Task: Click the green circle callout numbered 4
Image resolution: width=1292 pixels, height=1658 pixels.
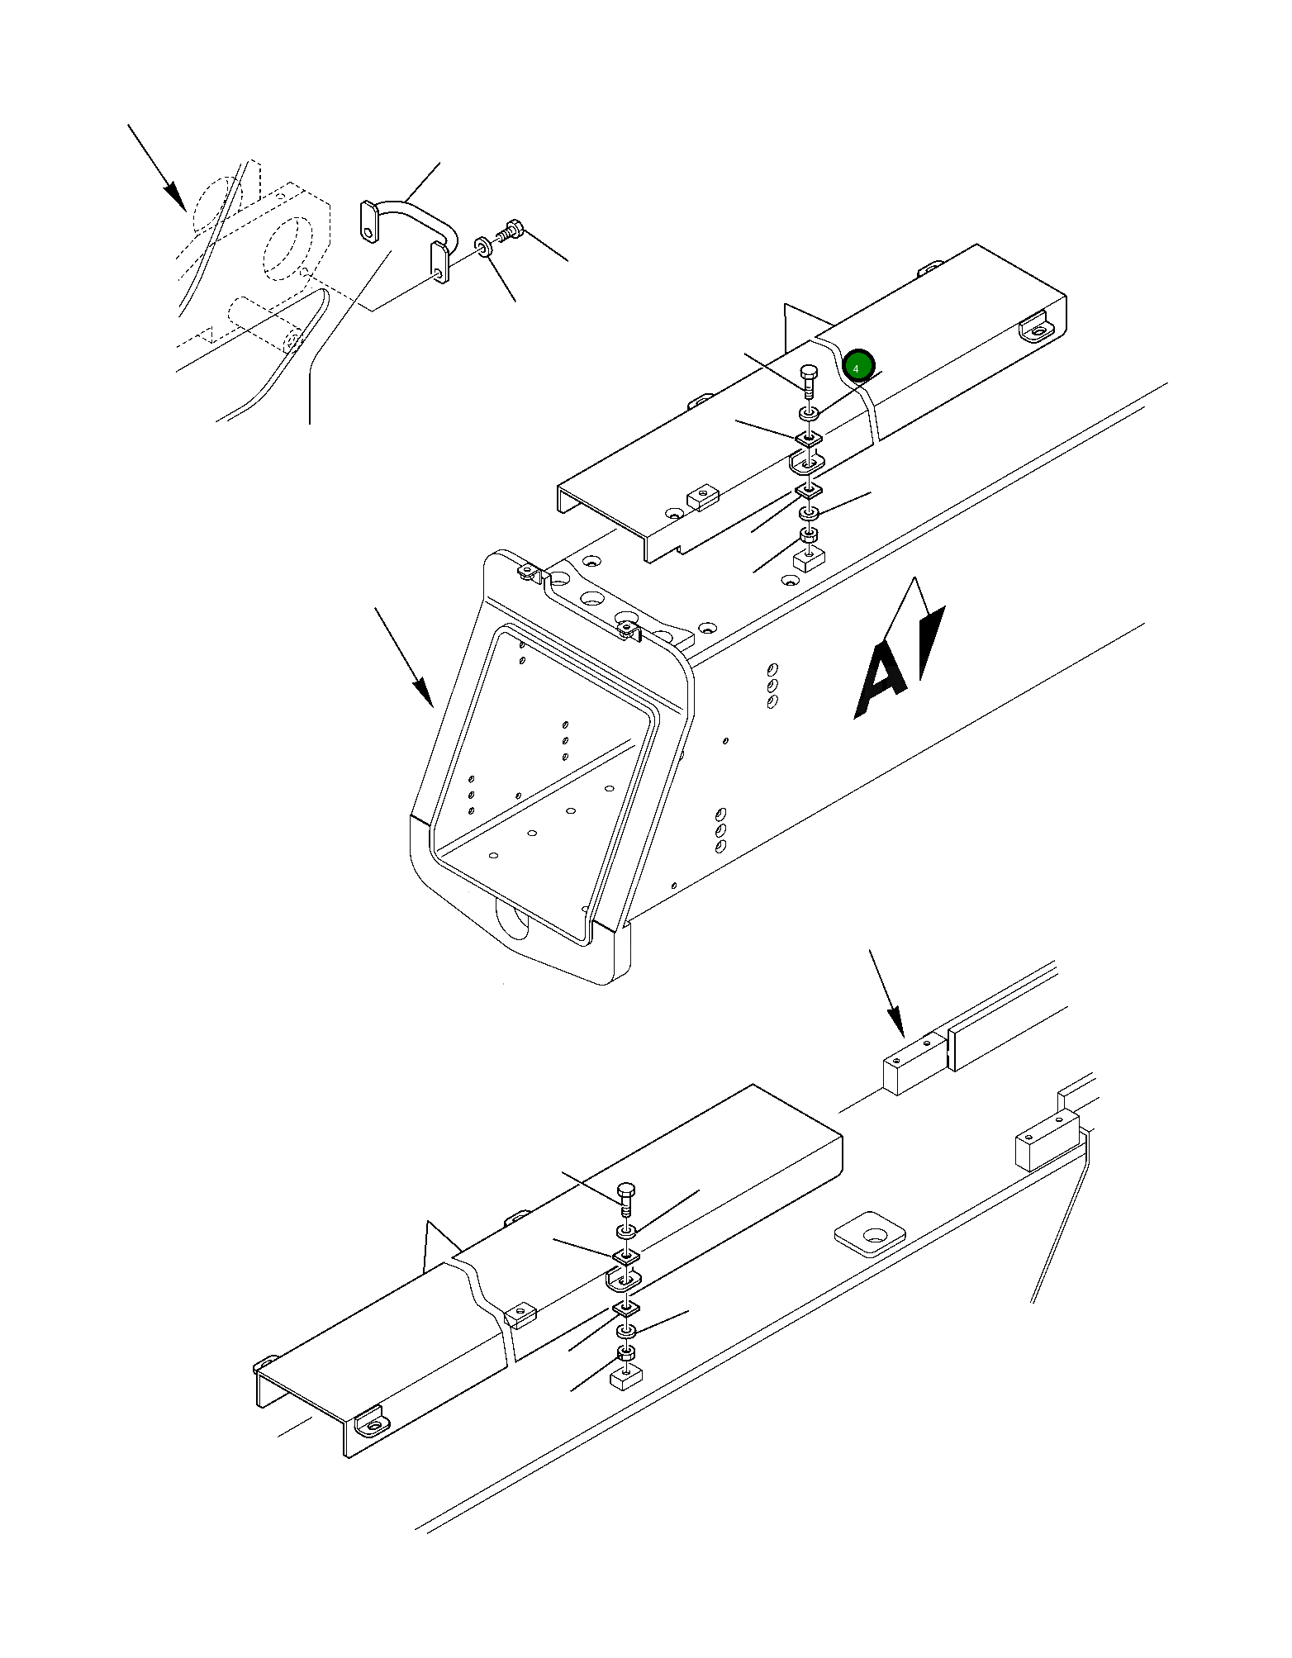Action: pos(857,366)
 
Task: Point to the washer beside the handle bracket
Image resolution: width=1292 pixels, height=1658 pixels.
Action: pos(483,246)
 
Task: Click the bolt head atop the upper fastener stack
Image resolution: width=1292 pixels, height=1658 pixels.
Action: pos(809,373)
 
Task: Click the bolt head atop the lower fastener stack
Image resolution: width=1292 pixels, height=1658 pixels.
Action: pos(627,1191)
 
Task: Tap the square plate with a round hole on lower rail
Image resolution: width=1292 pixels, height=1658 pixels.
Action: pos(869,1237)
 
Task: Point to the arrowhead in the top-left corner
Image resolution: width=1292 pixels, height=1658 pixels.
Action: pos(175,197)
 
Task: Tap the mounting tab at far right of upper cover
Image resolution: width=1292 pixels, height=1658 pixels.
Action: pos(1035,327)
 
